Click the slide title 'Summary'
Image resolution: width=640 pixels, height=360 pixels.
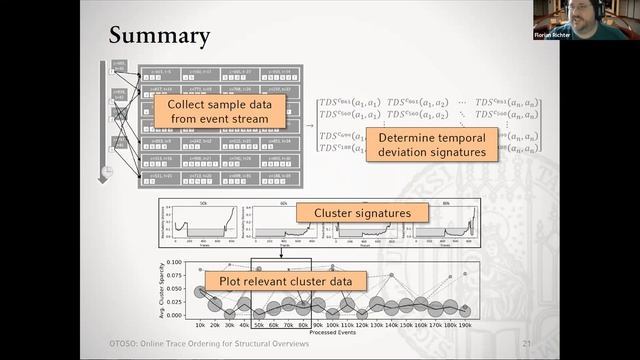click(159, 36)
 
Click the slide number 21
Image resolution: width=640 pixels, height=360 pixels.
click(526, 345)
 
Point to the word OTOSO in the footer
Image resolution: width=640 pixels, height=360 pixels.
click(128, 345)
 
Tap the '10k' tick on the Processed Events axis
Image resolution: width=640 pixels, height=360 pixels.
click(200, 325)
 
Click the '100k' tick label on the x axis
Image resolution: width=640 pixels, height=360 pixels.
click(334, 325)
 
